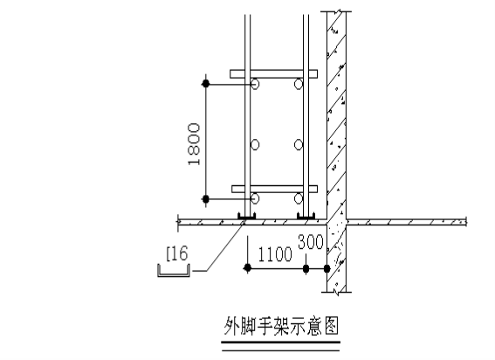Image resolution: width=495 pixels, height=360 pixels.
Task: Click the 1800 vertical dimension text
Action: [194, 144]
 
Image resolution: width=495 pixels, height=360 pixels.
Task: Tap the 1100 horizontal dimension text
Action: [275, 254]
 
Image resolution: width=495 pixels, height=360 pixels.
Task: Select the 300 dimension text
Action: [311, 242]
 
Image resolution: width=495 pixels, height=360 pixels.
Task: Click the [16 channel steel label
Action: [177, 253]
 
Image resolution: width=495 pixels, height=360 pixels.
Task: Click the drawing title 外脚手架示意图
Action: [281, 326]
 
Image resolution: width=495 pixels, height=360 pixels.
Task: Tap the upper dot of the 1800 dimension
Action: [205, 84]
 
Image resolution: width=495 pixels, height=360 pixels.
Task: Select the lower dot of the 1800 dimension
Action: [205, 199]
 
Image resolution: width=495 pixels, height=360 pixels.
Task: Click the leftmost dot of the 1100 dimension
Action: [248, 268]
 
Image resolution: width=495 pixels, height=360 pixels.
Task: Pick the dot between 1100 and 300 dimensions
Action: [306, 268]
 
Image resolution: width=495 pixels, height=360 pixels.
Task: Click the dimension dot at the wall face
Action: [327, 268]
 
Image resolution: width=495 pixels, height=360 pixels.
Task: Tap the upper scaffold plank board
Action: [273, 73]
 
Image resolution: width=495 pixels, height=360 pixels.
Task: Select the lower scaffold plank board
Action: [274, 189]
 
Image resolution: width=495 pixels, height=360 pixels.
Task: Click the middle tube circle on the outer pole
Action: [255, 145]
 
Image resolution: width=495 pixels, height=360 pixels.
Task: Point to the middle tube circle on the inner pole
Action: [299, 145]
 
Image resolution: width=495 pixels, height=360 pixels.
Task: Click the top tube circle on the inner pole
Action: [299, 84]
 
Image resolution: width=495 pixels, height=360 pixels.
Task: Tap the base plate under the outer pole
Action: [246, 216]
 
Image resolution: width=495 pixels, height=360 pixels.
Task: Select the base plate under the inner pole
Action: [306, 216]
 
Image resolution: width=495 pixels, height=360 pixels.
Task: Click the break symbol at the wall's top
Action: [337, 11]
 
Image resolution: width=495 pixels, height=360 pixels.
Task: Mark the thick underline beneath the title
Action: [280, 342]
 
